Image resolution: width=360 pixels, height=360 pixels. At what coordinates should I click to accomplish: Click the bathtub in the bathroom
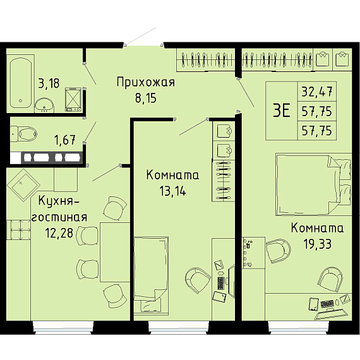(x=21, y=83)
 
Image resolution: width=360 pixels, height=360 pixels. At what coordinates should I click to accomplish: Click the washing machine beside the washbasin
(x=73, y=100)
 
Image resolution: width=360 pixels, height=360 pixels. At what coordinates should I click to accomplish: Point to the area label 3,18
(x=49, y=83)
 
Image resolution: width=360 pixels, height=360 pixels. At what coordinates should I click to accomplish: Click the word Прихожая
(x=146, y=82)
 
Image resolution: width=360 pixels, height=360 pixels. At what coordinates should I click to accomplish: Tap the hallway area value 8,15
(x=145, y=98)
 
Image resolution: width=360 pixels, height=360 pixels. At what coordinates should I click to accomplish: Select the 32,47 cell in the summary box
(x=317, y=92)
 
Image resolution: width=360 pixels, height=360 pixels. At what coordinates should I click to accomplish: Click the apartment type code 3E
(x=282, y=111)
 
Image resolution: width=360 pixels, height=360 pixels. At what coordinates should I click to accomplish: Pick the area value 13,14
(x=172, y=191)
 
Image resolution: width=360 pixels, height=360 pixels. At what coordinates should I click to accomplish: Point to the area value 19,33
(x=317, y=244)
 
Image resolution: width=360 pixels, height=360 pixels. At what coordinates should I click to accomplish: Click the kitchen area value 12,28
(x=59, y=233)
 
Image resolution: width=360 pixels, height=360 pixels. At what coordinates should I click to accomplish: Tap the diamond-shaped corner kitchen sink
(x=23, y=185)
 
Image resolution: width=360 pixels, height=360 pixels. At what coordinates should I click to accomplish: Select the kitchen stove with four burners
(x=20, y=230)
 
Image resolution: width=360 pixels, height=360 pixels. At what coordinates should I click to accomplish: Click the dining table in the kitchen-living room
(x=115, y=252)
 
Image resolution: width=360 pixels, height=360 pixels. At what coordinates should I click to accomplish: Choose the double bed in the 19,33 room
(x=314, y=185)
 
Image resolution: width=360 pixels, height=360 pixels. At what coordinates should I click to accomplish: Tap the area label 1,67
(x=65, y=140)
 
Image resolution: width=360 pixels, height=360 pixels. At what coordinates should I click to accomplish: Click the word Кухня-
(x=59, y=201)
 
